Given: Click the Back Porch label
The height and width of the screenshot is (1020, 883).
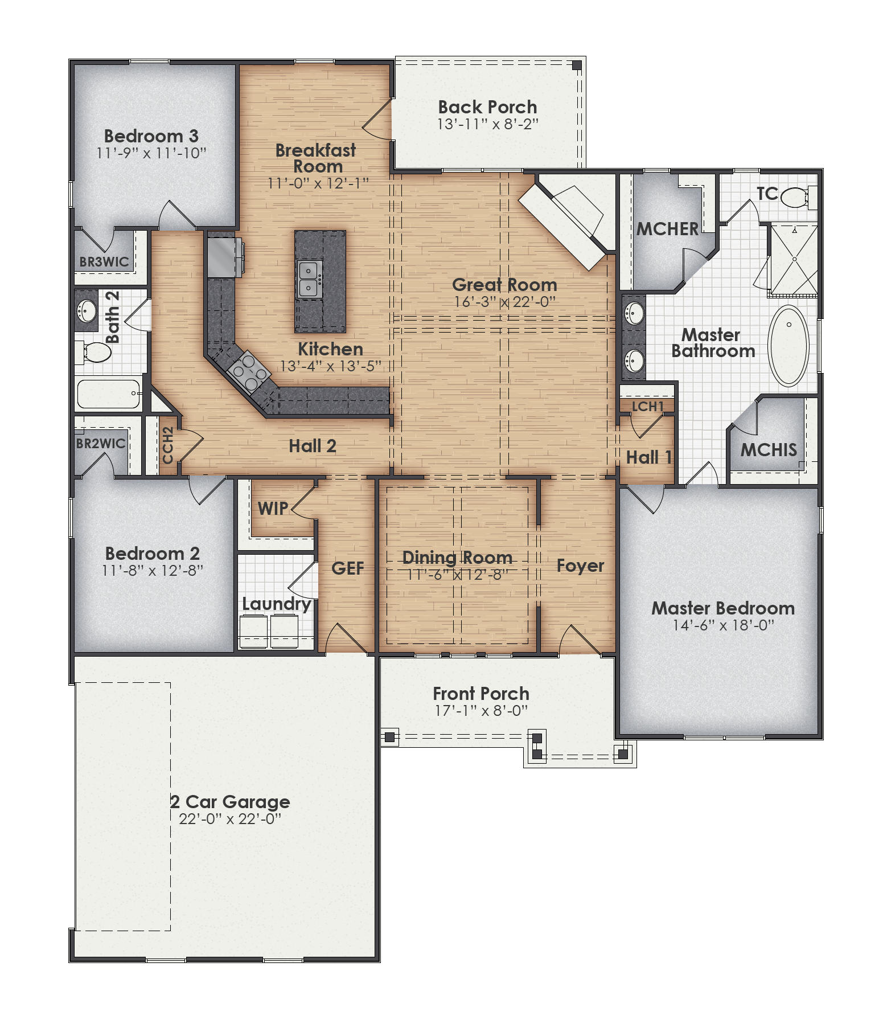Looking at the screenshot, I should coord(487,107).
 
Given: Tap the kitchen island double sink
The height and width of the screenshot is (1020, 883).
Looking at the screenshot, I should coord(308,279).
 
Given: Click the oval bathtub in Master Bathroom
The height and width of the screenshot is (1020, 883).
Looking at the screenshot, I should coord(788,346).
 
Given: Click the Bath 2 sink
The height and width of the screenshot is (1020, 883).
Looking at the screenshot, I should coord(87,312).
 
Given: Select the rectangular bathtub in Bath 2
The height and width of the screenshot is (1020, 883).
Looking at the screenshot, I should coord(108,394).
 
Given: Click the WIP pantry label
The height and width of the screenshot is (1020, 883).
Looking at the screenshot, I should coord(273,509).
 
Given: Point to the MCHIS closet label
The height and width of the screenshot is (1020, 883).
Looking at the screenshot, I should coord(768,450).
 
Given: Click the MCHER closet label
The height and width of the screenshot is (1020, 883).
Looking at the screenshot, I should coord(667,229).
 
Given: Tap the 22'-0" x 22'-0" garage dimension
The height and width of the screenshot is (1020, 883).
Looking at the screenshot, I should coord(230,819).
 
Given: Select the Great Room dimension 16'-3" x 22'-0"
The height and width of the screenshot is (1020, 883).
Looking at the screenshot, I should coord(504,302).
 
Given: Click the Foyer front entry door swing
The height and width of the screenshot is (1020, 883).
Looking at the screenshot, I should coord(578,640).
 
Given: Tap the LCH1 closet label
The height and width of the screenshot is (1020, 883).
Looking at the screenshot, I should coord(647,406).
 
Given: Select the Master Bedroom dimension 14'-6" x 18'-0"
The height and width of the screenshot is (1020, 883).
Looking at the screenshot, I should coord(723,625).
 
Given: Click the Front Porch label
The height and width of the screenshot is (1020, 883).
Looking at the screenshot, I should coord(481,694).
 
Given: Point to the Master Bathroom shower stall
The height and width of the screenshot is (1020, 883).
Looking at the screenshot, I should coord(794,260).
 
